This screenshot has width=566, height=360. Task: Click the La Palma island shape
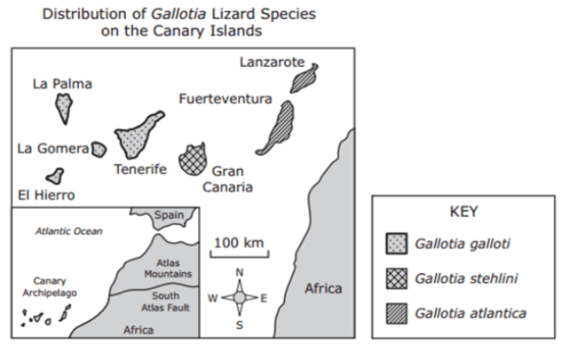(64, 108)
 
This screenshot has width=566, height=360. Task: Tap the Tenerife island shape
(135, 137)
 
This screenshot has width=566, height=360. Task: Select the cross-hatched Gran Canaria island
(193, 160)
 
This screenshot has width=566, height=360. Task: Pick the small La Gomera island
(99, 149)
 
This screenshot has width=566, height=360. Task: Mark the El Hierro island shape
(56, 176)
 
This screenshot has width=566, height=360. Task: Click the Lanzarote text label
(273, 62)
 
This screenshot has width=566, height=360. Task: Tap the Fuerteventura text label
(225, 99)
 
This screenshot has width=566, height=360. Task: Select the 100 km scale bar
(240, 255)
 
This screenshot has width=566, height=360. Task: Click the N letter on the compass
(240, 272)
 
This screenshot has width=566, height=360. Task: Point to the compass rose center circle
(240, 298)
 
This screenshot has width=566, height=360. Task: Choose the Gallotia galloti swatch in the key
(397, 244)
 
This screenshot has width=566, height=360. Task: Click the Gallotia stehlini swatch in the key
(397, 278)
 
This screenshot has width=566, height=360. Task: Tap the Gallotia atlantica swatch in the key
(397, 313)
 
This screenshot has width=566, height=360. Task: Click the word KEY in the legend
(464, 212)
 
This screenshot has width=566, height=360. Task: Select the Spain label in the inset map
(169, 215)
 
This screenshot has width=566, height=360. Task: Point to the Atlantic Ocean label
(69, 231)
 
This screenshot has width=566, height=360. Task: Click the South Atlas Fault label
(165, 302)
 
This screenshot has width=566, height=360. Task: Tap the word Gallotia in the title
(179, 14)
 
